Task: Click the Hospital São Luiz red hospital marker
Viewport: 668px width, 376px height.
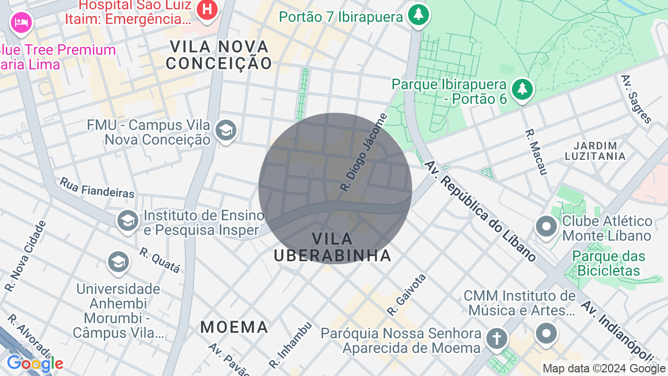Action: [x=207, y=10]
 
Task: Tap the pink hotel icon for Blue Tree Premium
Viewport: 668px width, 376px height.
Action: [x=21, y=22]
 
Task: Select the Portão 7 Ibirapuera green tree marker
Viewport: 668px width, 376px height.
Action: [x=418, y=14]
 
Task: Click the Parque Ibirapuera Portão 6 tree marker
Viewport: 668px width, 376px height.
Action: [x=522, y=89]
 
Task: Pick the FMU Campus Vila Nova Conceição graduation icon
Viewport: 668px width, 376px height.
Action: [x=226, y=131]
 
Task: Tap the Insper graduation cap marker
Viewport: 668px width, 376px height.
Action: [x=127, y=220]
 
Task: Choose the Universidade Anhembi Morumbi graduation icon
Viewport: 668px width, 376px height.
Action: [x=118, y=262]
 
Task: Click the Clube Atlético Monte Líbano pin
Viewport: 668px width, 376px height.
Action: [x=546, y=227]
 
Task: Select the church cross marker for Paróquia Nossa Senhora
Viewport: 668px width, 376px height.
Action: [x=496, y=338]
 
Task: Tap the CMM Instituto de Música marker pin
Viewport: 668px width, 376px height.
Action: [x=546, y=333]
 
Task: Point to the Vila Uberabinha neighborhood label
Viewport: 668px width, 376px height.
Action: [x=332, y=247]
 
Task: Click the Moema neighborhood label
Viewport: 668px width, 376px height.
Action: [x=234, y=327]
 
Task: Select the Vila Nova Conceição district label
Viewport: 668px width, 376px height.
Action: [x=219, y=55]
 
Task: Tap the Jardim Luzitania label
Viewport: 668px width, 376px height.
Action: [x=595, y=150]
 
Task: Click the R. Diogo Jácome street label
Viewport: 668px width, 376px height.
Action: [x=364, y=152]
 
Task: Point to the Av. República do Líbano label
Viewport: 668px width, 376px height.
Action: [x=480, y=211]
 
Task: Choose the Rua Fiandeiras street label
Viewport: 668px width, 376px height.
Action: [x=97, y=187]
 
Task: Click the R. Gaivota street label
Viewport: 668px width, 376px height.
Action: [x=407, y=295]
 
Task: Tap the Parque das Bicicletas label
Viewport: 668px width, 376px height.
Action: [x=609, y=263]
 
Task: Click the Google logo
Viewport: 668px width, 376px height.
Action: [x=35, y=364]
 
